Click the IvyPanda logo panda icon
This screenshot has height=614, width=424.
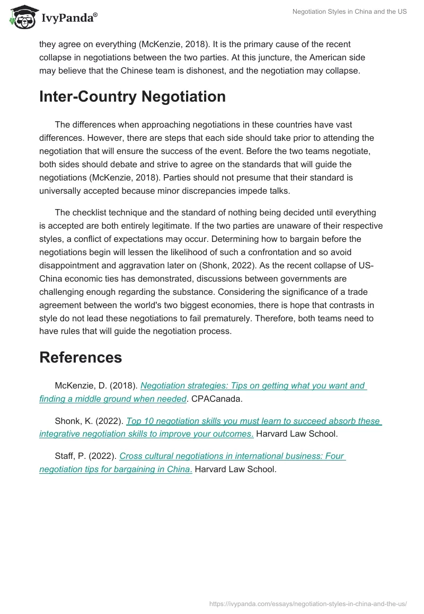click(22, 17)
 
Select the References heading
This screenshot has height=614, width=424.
click(81, 357)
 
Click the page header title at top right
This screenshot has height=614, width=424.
click(349, 12)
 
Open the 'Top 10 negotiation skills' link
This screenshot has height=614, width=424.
click(253, 421)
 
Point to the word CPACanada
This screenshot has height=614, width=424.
click(217, 399)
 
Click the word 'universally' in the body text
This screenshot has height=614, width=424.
click(60, 191)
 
